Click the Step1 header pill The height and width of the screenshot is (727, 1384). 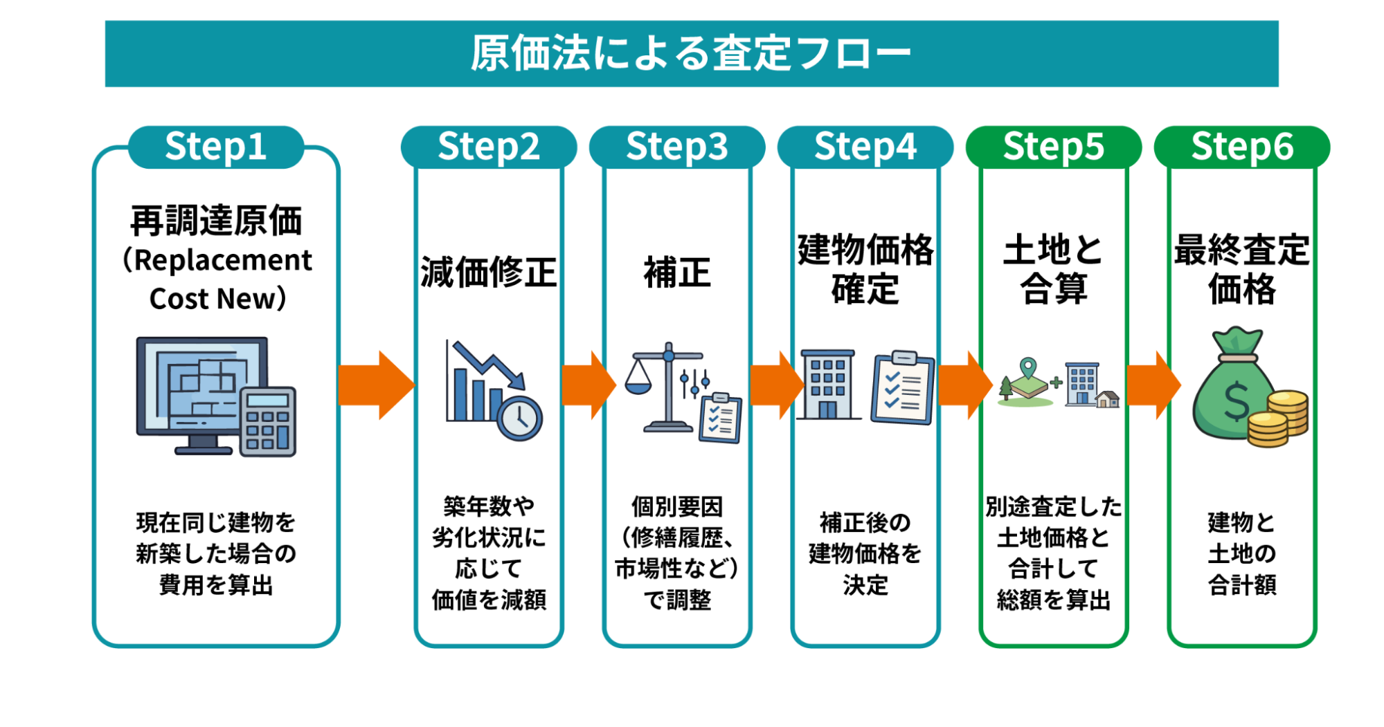216,147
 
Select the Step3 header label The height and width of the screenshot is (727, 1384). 676,147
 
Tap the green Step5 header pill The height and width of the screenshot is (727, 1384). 1053,147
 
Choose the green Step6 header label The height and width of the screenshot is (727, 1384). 1241,147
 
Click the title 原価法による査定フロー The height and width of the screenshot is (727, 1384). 691,53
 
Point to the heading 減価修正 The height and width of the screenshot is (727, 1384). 488,272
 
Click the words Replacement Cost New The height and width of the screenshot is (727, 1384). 217,279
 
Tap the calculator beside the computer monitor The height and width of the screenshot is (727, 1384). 268,421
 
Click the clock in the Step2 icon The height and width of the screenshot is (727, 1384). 519,418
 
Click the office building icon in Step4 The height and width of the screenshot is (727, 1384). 827,385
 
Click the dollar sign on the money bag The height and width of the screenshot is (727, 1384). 1235,403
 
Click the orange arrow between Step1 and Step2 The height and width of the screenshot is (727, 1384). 376,385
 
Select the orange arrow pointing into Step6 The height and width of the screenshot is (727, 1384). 1152,385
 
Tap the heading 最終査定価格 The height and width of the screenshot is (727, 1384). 1241,269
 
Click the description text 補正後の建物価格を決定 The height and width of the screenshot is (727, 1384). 865,553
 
